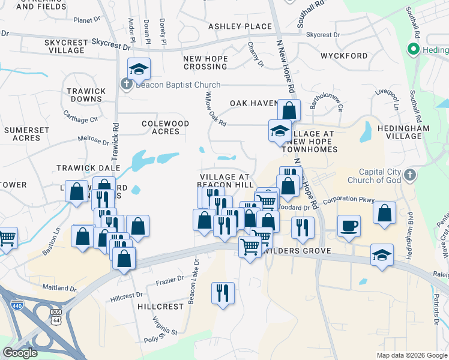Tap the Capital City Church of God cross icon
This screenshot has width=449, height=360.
409,175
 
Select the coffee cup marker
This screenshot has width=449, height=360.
349,226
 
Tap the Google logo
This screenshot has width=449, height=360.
20,353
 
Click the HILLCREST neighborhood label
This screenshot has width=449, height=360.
160,306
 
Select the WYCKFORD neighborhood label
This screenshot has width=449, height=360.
344,56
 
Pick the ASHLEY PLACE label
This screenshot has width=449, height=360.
240,26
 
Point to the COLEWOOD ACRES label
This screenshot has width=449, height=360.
165,127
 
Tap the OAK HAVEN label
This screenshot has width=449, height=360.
255,103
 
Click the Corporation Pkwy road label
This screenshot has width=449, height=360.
349,200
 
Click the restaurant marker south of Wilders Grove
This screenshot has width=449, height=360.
223,293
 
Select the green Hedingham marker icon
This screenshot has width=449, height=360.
412,49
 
